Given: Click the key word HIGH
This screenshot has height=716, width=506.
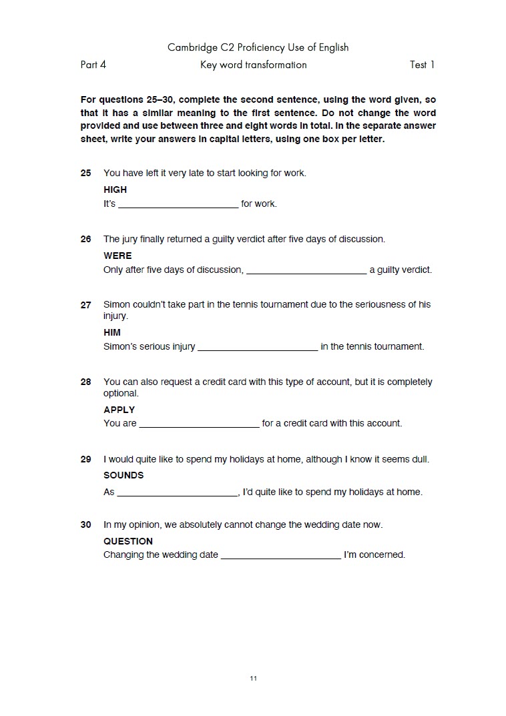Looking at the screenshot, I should coord(115,190).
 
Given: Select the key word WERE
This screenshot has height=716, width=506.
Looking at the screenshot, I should coord(117,256).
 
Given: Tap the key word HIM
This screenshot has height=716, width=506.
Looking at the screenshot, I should coord(112,332).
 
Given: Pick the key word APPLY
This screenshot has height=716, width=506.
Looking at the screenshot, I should coord(119,410).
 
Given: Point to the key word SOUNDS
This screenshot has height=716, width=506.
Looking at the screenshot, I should coord(123,475).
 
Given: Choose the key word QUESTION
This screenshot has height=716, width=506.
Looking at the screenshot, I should coord(128,541).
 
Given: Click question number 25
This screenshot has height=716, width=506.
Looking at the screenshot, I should coord(85,173).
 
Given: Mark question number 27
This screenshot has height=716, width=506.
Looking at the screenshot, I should coord(85,305).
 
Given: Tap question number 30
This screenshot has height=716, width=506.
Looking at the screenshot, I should coord(85,525).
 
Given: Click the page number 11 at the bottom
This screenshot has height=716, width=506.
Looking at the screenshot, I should coord(253,679).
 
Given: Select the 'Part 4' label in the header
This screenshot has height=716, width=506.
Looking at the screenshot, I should coord(93,65).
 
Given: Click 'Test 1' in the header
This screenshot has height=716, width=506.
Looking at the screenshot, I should coord(422,65).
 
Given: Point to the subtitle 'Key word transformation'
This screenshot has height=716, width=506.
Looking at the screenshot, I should coord(253,65).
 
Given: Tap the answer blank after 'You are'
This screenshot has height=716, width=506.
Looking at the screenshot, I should coord(199,424).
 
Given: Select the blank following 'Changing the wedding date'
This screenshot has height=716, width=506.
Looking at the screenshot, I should coord(280,555).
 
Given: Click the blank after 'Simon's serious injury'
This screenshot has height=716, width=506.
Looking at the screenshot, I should coord(258,347).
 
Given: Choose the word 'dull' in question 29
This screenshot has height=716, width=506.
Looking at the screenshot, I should coord(420,460).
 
